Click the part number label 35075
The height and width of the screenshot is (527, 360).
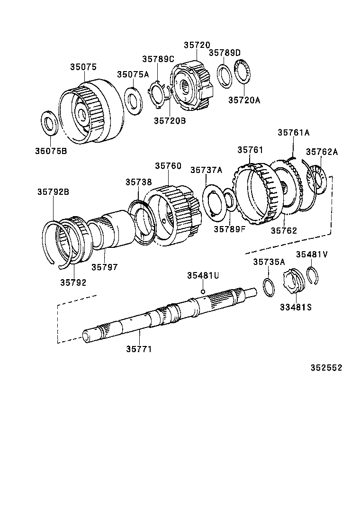(x=84, y=67)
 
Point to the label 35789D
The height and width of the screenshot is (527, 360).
(x=225, y=53)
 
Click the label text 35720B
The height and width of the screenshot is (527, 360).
(x=170, y=121)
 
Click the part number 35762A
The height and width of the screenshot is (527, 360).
(x=322, y=152)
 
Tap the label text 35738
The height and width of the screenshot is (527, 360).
(x=139, y=182)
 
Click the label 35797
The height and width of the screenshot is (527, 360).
(x=104, y=267)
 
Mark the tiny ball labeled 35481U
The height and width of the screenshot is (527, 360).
(x=202, y=291)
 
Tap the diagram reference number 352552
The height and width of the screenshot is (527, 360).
(x=326, y=368)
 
